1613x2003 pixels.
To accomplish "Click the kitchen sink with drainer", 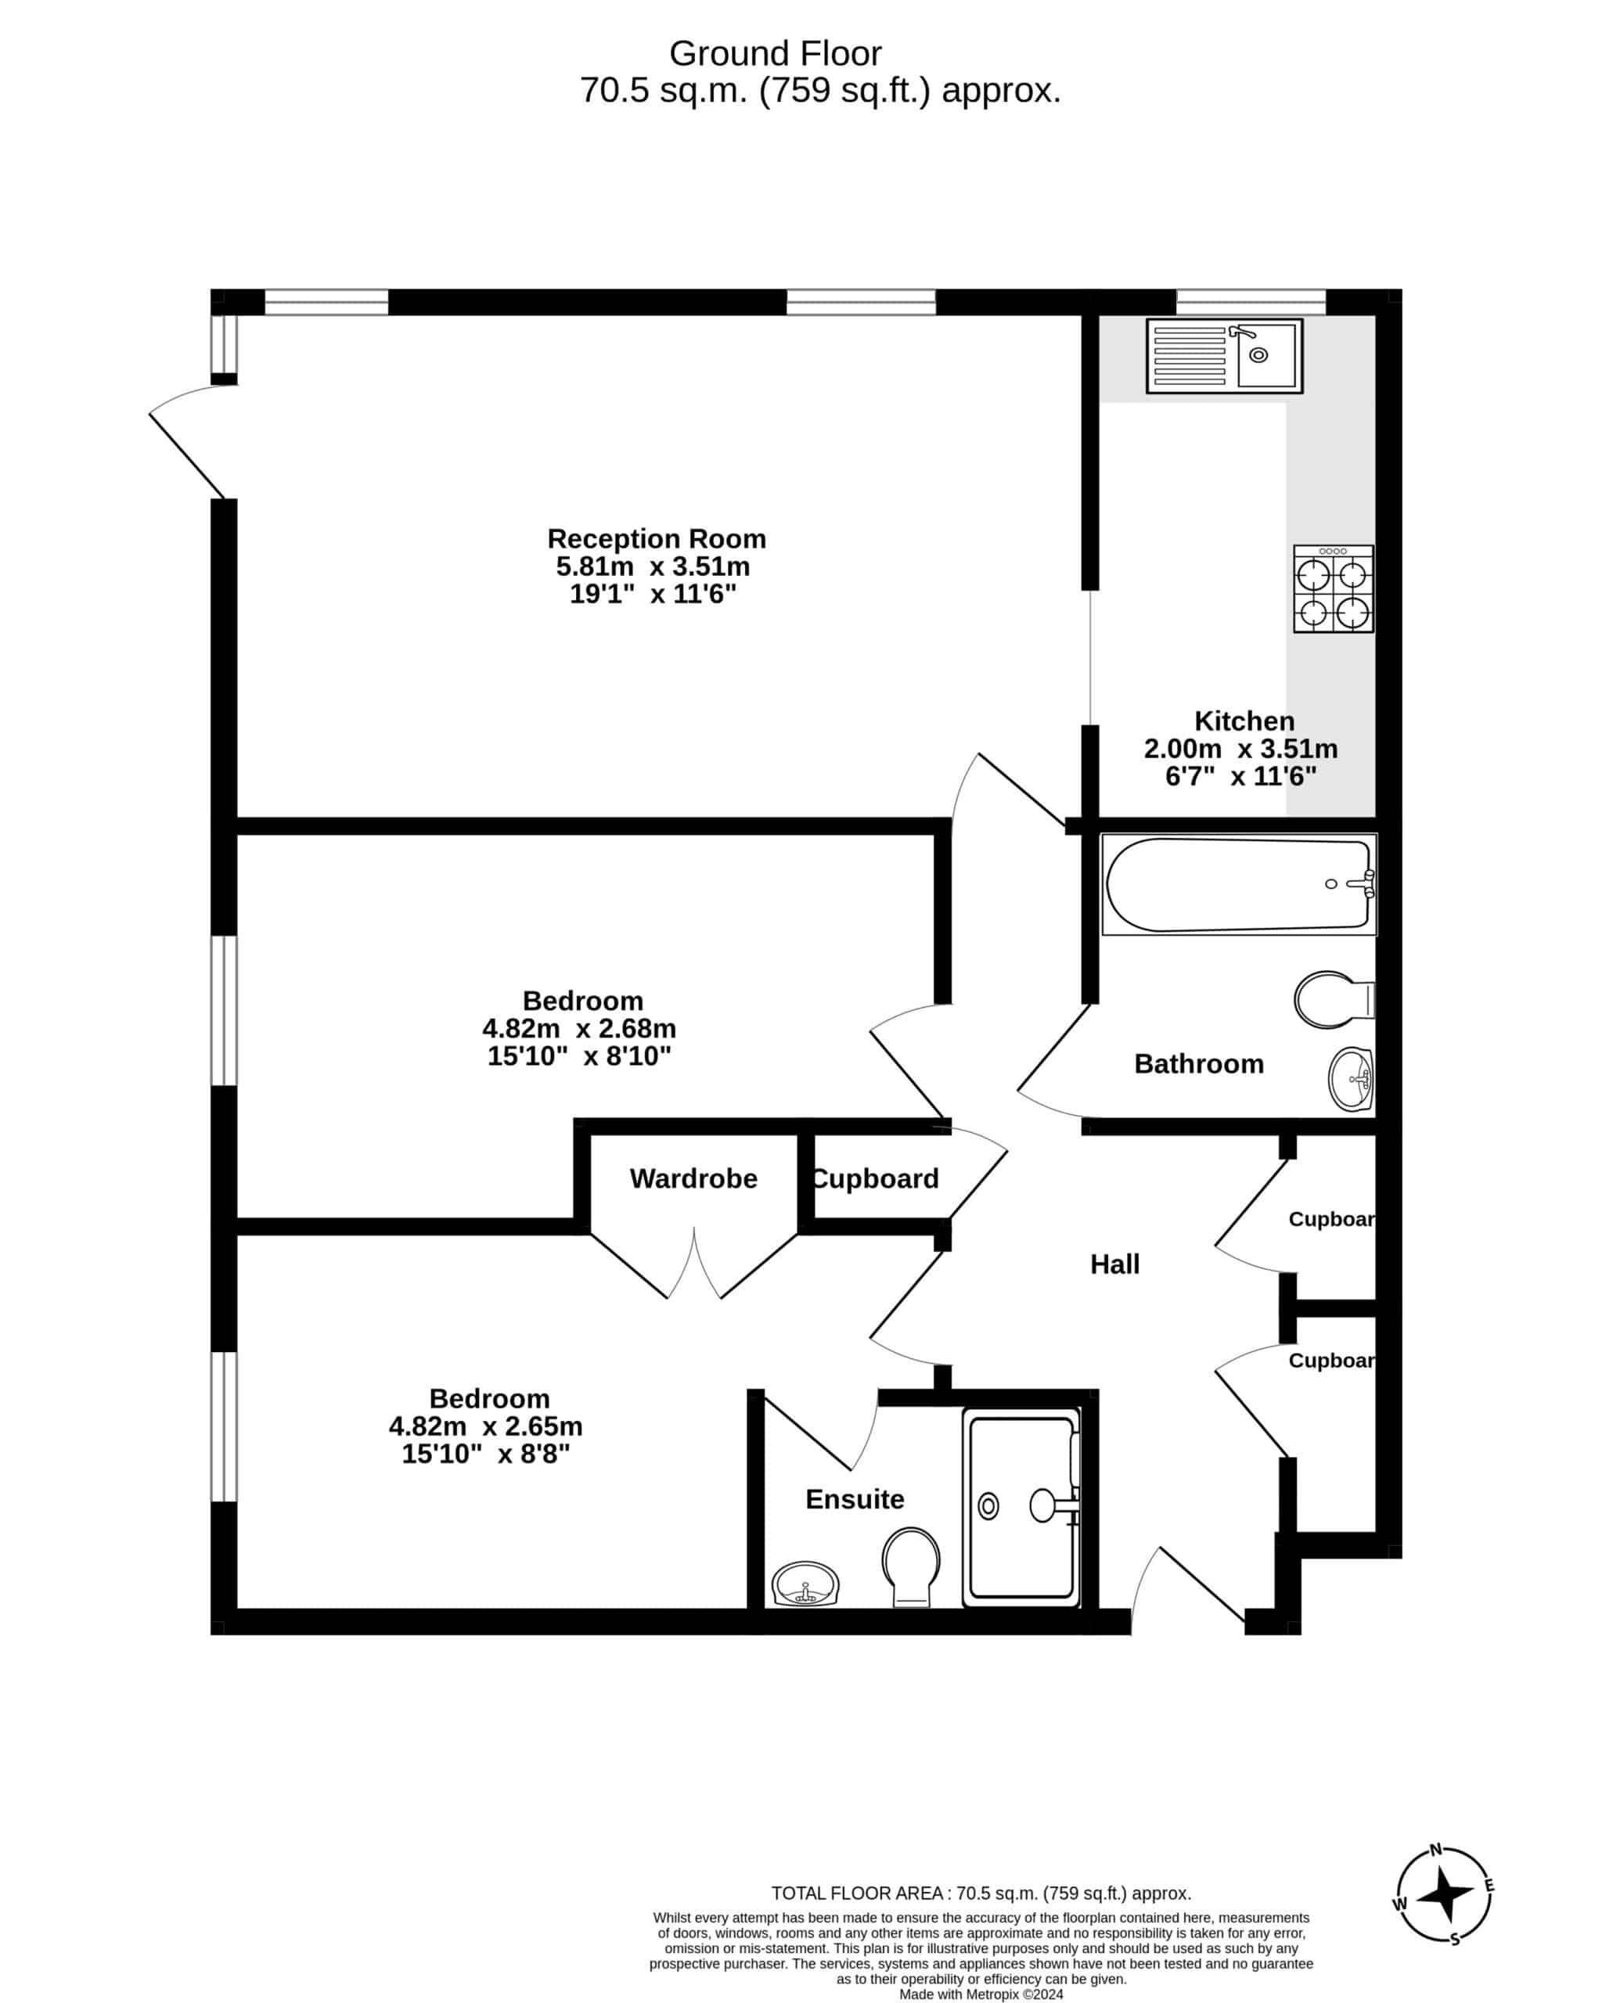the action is (1224, 355).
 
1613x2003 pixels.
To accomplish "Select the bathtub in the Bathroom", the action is (1239, 884).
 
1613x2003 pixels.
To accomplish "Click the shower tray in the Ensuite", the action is (1021, 1507).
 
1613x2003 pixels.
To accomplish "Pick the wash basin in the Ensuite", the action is (805, 1584).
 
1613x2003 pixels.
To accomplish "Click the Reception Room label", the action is (656, 539).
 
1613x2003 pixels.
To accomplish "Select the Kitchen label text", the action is (1244, 721).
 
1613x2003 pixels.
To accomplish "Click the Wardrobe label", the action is (693, 1178).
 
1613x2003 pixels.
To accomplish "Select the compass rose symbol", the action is (1444, 1894).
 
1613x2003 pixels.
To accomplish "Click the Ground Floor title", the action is (775, 54).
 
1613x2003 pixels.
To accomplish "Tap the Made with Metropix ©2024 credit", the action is (981, 1994).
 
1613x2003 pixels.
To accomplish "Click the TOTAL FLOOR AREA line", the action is (981, 1893).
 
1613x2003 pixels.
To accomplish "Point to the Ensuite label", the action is (855, 1498).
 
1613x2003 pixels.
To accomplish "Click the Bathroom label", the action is (1199, 1064).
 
